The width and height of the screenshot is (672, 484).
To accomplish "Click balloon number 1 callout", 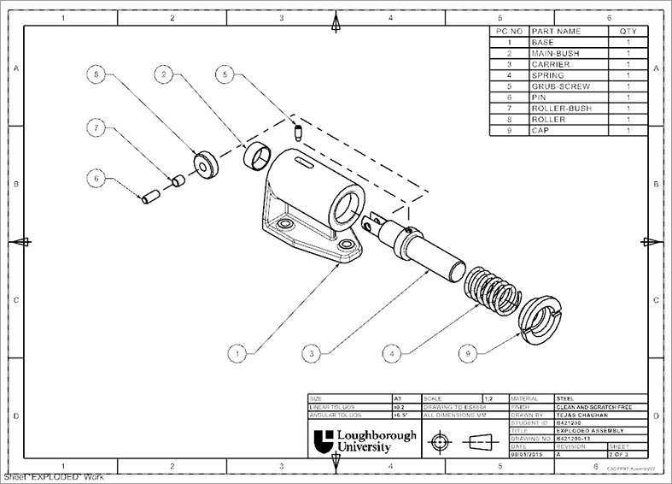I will point(240,351).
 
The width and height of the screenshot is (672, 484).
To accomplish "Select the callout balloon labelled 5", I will point(225,75).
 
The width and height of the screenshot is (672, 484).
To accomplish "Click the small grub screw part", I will point(300,132).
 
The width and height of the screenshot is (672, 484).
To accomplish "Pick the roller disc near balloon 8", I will point(205,163).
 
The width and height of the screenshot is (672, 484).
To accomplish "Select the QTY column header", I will point(628,31).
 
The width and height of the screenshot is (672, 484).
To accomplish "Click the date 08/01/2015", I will point(529,454).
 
